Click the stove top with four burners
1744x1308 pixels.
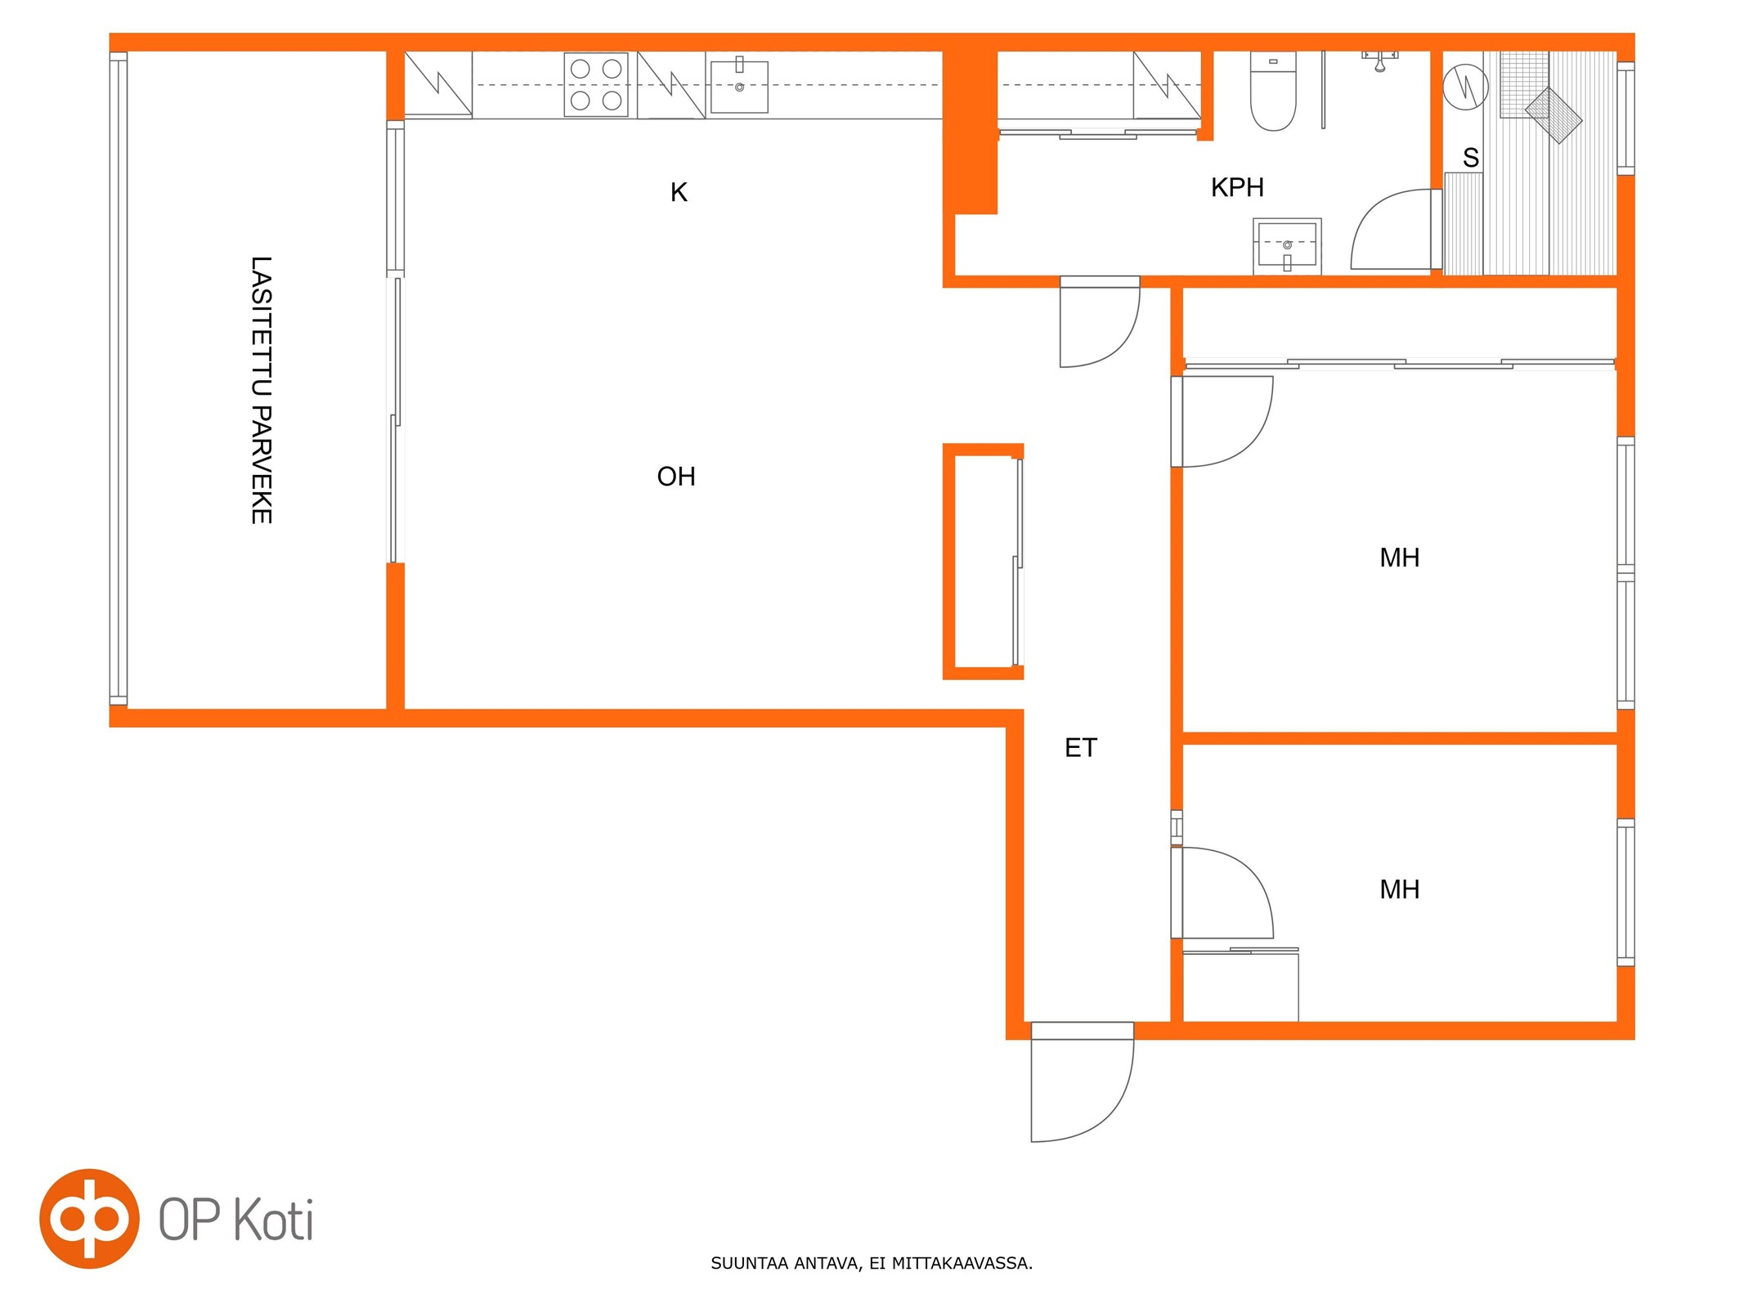pyautogui.click(x=595, y=85)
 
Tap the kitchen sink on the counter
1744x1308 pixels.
pyautogui.click(x=738, y=86)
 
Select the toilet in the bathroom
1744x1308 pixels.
pyautogui.click(x=1272, y=91)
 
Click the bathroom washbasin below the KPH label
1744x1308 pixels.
pyautogui.click(x=1286, y=246)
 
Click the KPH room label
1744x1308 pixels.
pyautogui.click(x=1236, y=187)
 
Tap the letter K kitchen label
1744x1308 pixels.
pyautogui.click(x=679, y=192)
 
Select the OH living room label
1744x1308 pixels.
pyautogui.click(x=676, y=476)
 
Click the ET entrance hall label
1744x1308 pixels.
pyautogui.click(x=1080, y=747)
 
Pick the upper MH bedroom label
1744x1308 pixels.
pyautogui.click(x=1399, y=558)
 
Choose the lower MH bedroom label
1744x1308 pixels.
pyautogui.click(x=1399, y=889)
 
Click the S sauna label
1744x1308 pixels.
pyautogui.click(x=1470, y=157)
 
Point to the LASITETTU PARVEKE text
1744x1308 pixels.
pyautogui.click(x=261, y=390)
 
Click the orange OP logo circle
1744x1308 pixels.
pyautogui.click(x=89, y=1218)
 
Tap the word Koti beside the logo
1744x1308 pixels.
pyautogui.click(x=274, y=1220)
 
